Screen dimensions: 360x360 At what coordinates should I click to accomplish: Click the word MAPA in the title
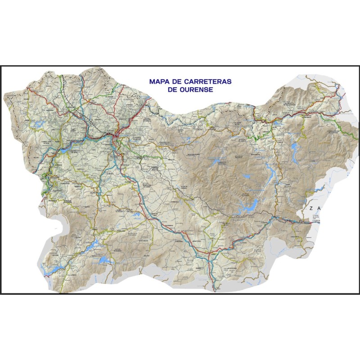[x=158, y=82]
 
